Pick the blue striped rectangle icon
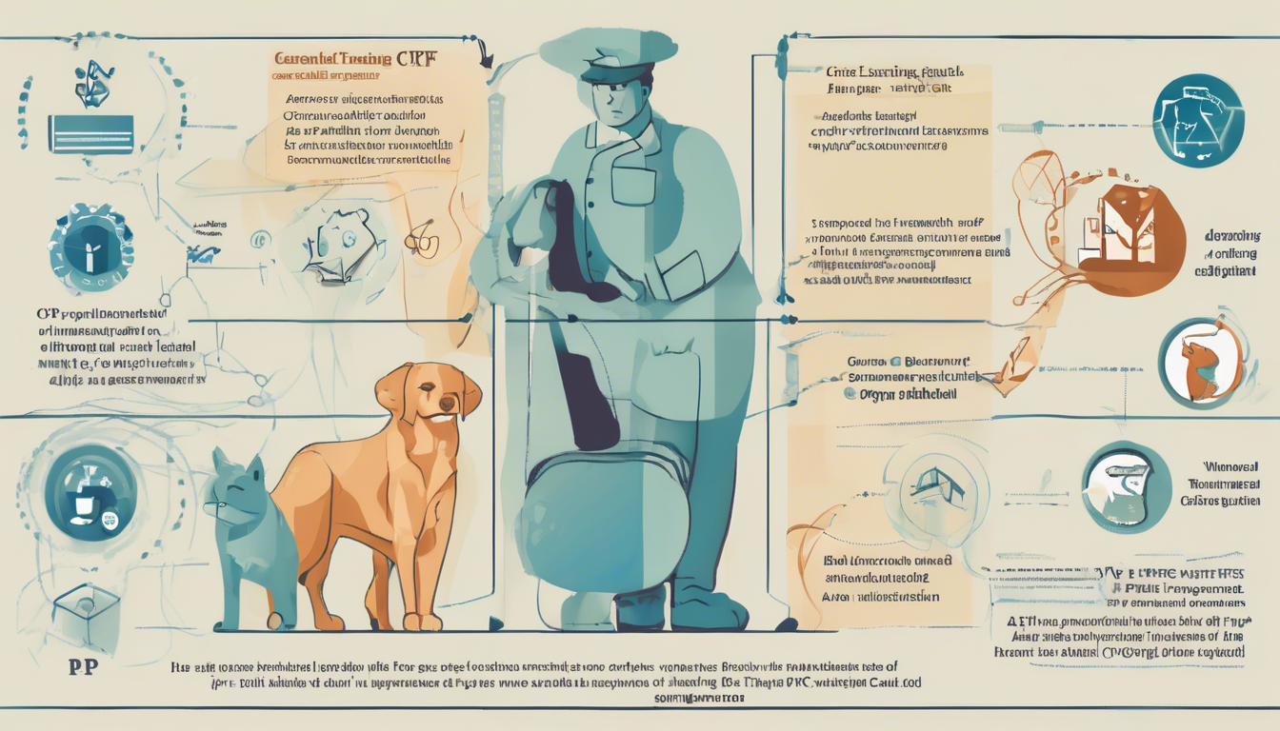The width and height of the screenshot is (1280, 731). (92, 133)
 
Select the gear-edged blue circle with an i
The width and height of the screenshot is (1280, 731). (90, 249)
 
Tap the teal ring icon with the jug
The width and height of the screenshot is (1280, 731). (1128, 486)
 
